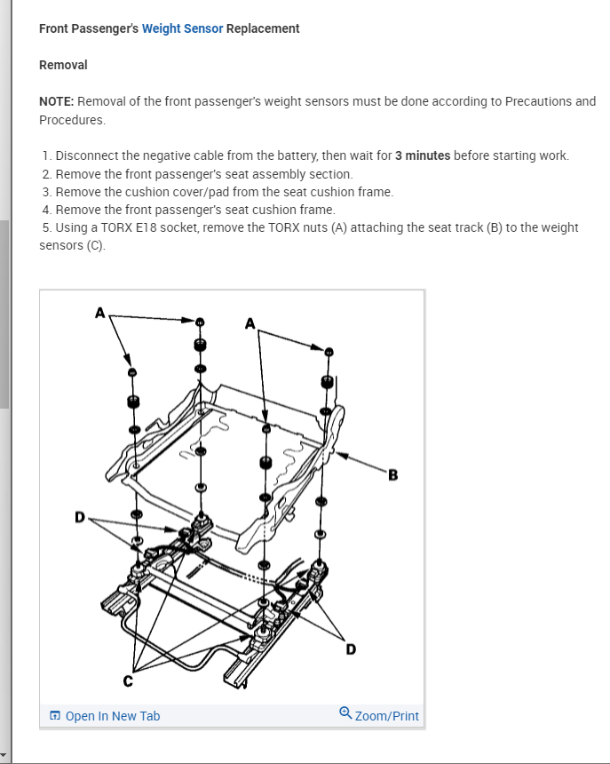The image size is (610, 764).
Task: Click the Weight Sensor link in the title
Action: (x=182, y=28)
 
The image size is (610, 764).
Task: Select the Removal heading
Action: (x=63, y=65)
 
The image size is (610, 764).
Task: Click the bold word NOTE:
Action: (x=59, y=101)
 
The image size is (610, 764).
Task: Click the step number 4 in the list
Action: (x=45, y=210)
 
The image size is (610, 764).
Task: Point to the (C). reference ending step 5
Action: (x=94, y=245)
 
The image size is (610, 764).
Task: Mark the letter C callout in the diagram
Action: (x=126, y=682)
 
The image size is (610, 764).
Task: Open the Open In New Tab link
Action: (x=113, y=716)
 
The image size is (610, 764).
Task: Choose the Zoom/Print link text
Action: (x=386, y=716)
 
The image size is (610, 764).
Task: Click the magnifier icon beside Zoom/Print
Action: (x=345, y=713)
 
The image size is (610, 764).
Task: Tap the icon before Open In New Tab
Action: (x=55, y=716)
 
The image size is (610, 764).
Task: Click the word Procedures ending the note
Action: (x=72, y=119)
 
